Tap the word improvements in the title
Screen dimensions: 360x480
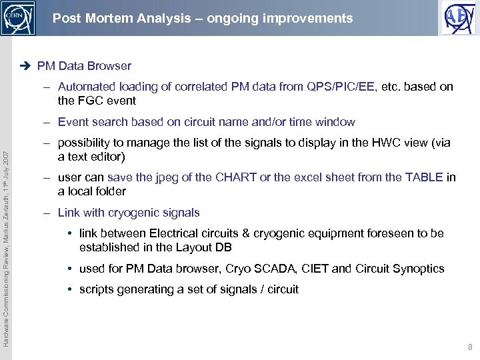click(313, 18)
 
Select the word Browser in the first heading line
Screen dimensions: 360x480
click(111, 66)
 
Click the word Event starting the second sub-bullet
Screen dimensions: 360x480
click(73, 122)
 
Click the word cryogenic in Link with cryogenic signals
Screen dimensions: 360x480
click(136, 213)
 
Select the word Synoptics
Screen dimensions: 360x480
click(419, 269)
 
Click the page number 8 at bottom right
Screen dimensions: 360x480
click(470, 347)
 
